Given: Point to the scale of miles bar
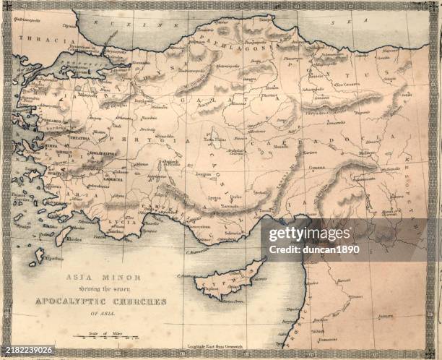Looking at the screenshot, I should [101, 335].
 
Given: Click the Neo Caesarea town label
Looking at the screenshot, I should [348, 84].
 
